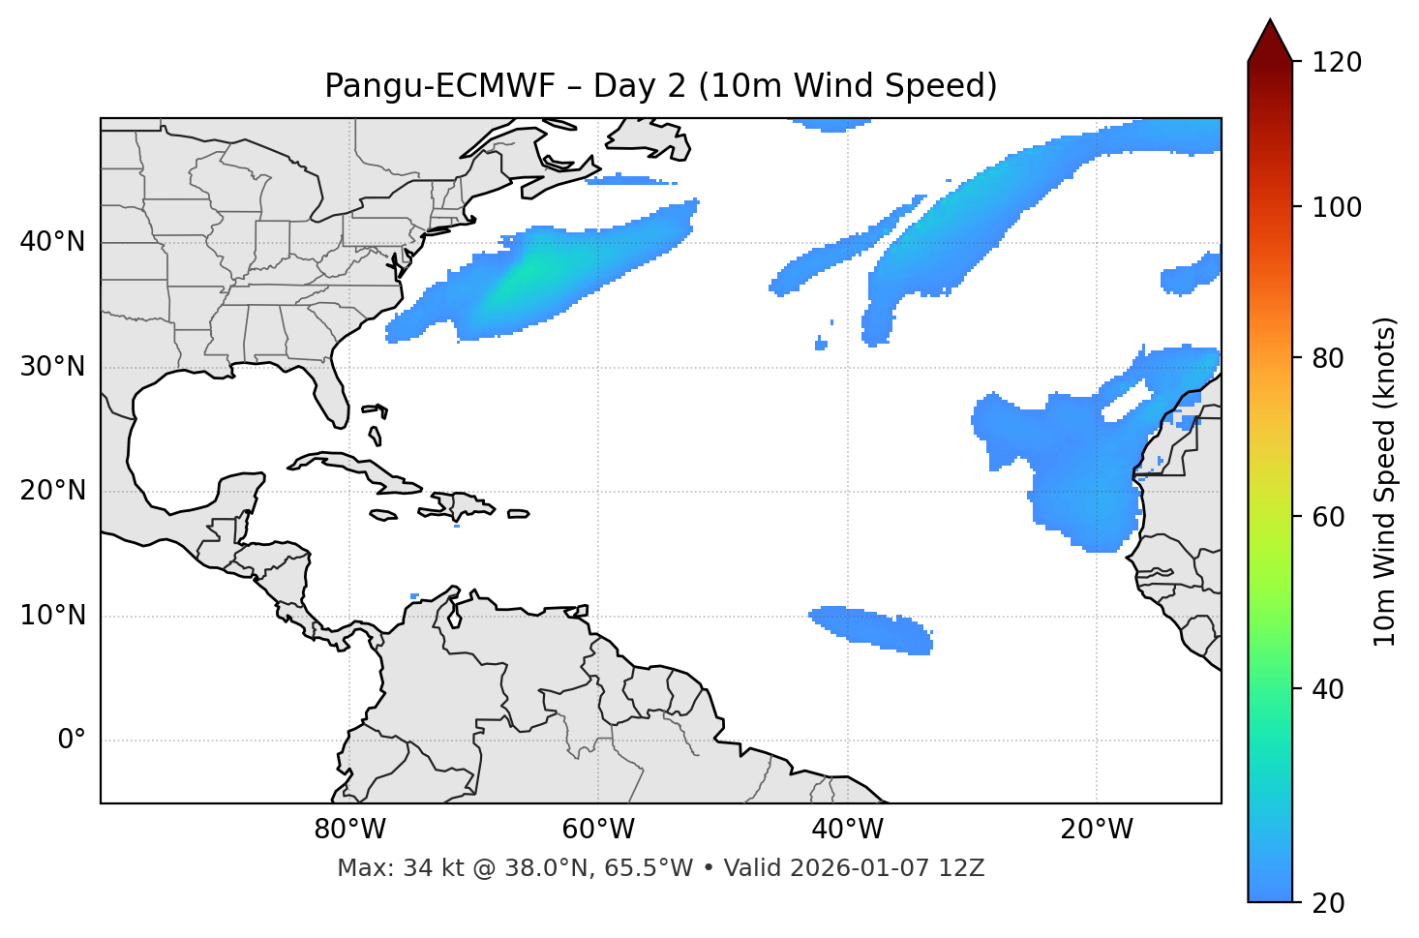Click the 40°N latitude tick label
point(52,242)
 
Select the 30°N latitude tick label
point(52,367)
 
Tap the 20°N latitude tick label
point(52,491)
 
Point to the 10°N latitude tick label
point(52,616)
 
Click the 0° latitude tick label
point(71,741)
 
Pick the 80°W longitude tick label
point(349,830)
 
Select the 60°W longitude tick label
point(598,830)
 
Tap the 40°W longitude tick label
point(847,830)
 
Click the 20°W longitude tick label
point(1097,830)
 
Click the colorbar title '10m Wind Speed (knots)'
point(1385,482)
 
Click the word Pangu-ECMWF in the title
point(439,86)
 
